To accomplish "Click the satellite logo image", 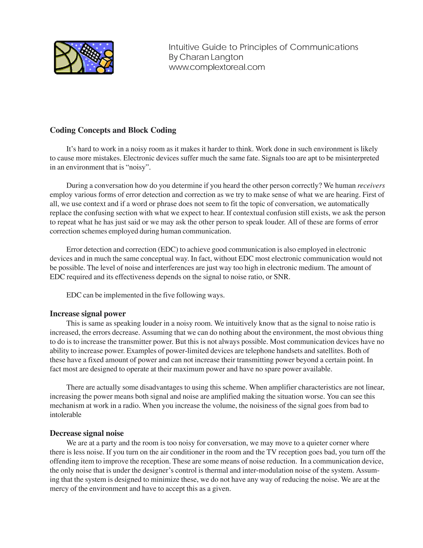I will [84, 57].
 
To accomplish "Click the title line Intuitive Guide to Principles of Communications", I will [263, 47].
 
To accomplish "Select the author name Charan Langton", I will [211, 57].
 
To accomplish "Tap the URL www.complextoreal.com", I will [217, 67].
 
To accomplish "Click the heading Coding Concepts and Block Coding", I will [113, 130].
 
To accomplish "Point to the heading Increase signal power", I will [88, 314].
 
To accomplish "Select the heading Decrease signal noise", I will [87, 433].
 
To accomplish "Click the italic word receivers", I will [371, 186].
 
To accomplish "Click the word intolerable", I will [66, 415].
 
